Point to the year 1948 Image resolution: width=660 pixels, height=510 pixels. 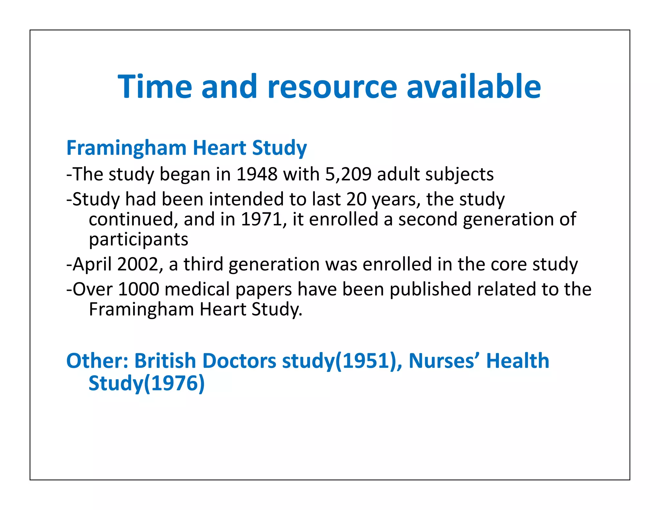pos(257,174)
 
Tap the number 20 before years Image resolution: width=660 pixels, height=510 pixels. pos(356,199)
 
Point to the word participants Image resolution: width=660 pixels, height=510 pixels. pos(139,240)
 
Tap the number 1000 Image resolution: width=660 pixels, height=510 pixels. pos(139,289)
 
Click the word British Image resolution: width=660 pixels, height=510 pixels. pos(165,361)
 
